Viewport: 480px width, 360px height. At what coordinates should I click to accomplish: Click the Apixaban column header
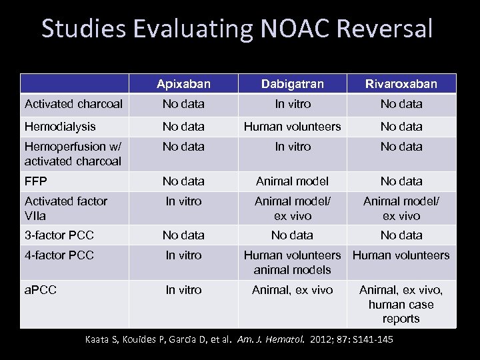point(183,84)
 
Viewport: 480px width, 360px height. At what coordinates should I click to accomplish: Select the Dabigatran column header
point(292,84)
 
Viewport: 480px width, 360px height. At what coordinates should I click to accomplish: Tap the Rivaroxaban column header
point(401,84)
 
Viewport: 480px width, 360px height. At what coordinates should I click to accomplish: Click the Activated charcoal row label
point(73,104)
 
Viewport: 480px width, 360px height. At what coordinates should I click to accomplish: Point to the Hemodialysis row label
point(60,126)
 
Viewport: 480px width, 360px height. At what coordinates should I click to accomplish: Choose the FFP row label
point(35,181)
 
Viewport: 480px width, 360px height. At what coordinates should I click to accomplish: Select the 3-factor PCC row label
point(59,235)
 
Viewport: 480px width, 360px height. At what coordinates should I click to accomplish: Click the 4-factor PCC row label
point(59,255)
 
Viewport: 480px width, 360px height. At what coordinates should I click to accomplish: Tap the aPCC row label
point(40,290)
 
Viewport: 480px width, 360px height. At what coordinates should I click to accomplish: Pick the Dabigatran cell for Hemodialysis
point(292,126)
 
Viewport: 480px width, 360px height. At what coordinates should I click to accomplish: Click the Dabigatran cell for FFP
point(292,181)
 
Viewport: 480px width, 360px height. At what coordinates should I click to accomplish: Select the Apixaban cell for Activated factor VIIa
point(183,201)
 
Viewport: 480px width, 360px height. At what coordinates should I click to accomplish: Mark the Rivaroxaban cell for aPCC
point(401,304)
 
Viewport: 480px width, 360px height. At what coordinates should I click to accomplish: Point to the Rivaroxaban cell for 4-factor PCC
point(401,255)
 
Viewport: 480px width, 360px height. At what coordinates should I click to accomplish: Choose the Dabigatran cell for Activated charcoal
point(292,104)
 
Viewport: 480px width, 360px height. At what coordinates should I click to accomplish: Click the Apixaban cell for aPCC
point(183,290)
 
